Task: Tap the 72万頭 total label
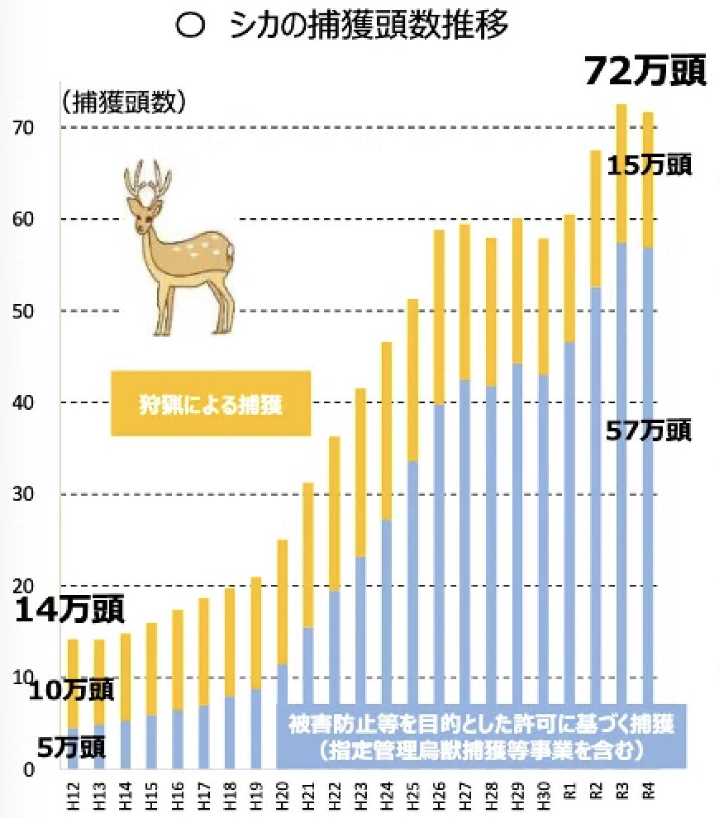(645, 72)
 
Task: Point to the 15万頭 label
(649, 164)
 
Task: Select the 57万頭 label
(649, 430)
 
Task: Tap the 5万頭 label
(70, 747)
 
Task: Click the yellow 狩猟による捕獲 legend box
(211, 403)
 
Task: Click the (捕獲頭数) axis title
(123, 102)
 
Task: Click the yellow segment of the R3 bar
(621, 174)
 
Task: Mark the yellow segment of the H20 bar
(282, 602)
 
